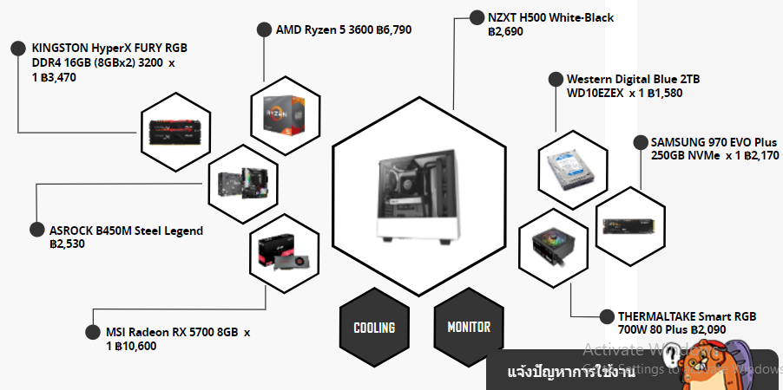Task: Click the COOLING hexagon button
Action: point(374,328)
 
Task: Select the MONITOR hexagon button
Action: point(469,328)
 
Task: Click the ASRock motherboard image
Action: point(240,179)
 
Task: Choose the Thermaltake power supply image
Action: point(555,246)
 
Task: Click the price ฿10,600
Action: point(136,346)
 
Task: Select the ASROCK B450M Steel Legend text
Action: point(126,231)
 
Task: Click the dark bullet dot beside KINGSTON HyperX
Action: point(16,48)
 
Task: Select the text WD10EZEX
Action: point(595,93)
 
